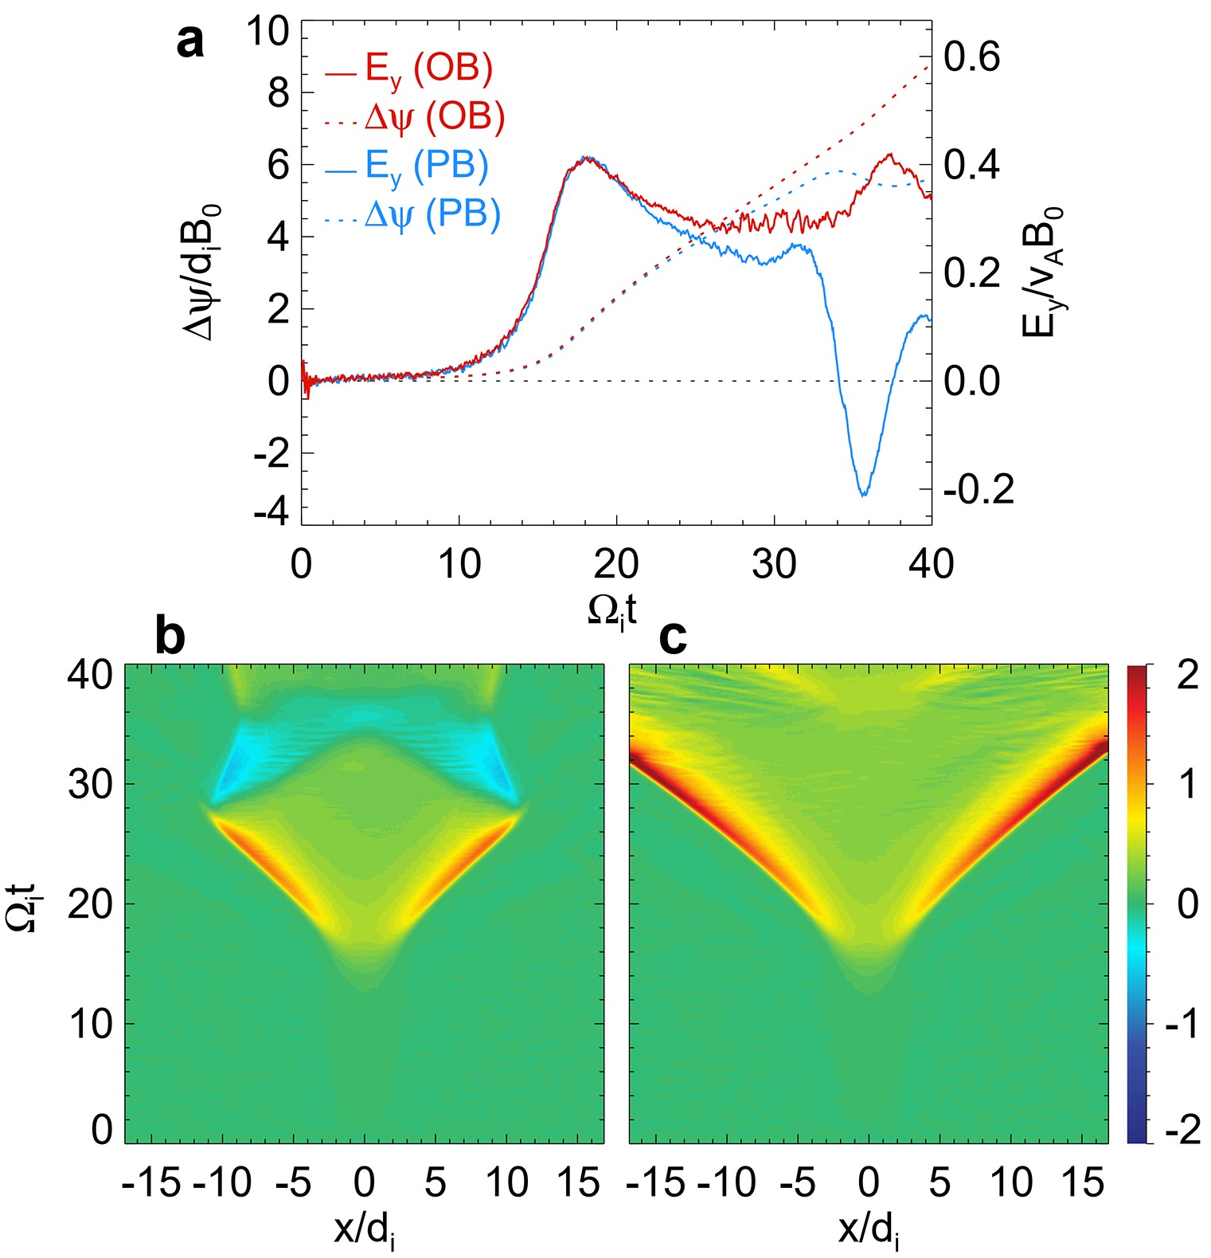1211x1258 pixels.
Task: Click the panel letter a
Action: pos(189,41)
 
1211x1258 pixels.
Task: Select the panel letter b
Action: pos(170,637)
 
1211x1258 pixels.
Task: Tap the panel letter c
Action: pos(673,637)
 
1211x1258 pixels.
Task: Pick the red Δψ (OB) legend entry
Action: pos(415,118)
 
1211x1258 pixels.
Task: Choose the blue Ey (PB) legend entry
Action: pos(407,167)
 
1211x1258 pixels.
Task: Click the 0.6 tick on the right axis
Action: pos(971,57)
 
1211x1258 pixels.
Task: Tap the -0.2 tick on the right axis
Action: pos(979,489)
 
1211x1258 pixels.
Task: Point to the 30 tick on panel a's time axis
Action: pos(774,564)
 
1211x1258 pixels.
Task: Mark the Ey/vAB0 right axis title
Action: pos(1042,271)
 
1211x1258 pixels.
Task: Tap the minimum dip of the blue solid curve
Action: pos(863,495)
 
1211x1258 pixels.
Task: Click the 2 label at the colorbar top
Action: pos(1187,676)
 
